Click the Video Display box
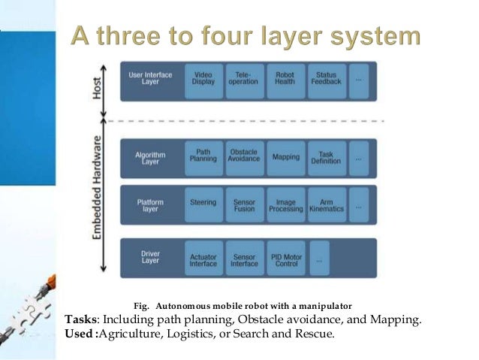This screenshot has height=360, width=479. (203, 79)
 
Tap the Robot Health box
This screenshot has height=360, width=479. (285, 79)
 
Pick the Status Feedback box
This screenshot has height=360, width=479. (326, 79)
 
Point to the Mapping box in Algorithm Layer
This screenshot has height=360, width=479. (285, 157)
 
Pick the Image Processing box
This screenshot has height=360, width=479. (285, 205)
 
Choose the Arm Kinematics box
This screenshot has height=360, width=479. (326, 205)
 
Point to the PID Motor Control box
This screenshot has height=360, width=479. (285, 259)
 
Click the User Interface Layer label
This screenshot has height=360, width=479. (151, 79)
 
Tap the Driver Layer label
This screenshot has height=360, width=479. (151, 259)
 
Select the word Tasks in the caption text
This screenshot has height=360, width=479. (81, 319)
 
